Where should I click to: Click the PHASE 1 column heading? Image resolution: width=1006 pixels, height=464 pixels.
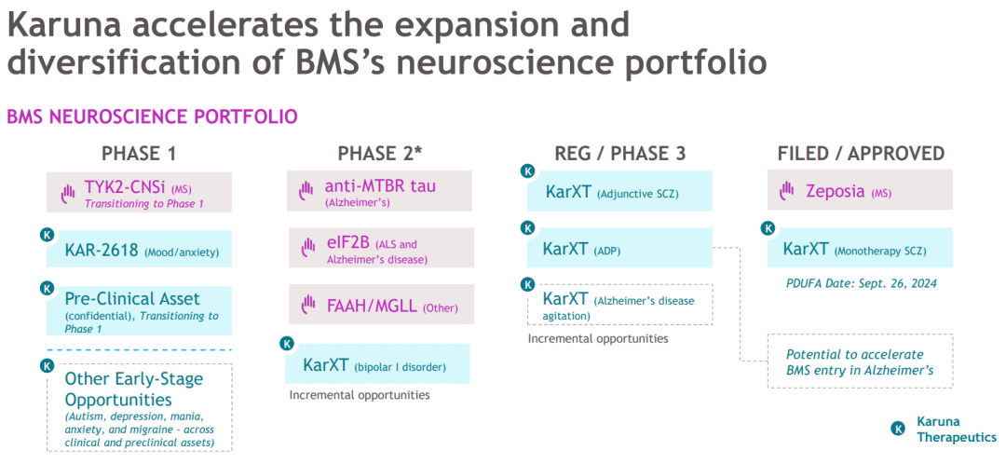click(x=139, y=154)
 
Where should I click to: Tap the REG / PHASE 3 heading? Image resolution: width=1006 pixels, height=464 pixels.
click(x=619, y=154)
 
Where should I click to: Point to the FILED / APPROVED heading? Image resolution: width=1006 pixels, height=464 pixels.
click(x=861, y=154)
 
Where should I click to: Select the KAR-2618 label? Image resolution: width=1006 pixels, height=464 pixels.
click(x=102, y=250)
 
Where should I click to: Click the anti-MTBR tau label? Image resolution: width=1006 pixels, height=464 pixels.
click(x=380, y=185)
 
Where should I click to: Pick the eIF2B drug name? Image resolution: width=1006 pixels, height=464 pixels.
click(x=347, y=245)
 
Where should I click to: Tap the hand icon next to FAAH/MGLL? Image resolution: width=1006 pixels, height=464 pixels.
click(x=308, y=305)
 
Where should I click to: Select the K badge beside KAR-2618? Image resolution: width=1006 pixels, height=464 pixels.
click(x=48, y=235)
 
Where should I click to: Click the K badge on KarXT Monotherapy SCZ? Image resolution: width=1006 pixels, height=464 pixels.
click(x=769, y=228)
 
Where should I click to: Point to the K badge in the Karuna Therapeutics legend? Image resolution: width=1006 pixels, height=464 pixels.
click(x=898, y=429)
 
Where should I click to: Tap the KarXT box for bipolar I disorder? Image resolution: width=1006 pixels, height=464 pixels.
click(x=376, y=364)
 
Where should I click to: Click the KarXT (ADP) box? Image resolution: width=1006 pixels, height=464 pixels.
click(x=619, y=249)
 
